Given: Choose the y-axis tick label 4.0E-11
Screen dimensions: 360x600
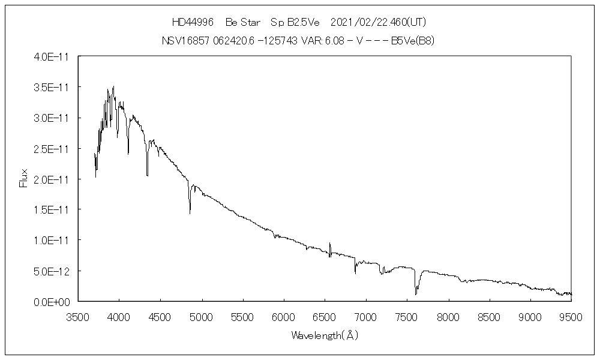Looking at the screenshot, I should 52,56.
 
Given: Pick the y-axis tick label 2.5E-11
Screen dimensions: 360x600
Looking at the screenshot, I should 52,148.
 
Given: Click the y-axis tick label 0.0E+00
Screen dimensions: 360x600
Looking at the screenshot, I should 52,302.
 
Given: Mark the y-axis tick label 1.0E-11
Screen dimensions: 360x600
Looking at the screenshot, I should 52,241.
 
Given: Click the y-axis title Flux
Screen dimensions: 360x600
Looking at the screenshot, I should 24,179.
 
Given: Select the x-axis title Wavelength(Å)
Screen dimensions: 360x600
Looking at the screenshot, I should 325,335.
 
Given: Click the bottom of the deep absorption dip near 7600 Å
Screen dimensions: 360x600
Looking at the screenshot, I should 416,294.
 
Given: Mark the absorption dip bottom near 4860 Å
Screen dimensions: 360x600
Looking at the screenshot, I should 190,213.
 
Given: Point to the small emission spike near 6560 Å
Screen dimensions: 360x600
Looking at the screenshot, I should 330,244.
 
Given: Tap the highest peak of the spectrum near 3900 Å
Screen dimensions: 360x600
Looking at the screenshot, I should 113,86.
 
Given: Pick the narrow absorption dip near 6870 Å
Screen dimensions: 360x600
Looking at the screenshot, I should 355,273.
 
